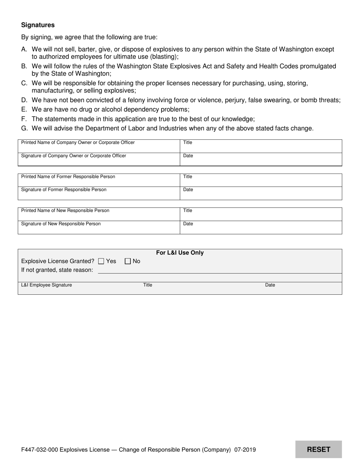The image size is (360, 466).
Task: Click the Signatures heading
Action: coord(38,25)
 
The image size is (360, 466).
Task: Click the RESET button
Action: coord(318,449)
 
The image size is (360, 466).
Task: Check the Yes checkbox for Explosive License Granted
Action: coord(101,261)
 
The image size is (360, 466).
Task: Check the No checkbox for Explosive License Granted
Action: coord(128,261)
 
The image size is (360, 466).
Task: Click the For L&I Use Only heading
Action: coord(180,253)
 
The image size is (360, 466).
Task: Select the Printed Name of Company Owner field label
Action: coord(78,142)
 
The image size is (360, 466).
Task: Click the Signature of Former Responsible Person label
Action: coord(64,189)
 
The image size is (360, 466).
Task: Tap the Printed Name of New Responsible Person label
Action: coord(65,210)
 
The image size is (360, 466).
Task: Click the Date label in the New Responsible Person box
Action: coord(188,224)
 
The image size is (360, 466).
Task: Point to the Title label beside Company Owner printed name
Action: coord(188,142)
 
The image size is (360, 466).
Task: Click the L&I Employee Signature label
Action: coord(47,285)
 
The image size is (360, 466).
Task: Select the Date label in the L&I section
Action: coord(270,285)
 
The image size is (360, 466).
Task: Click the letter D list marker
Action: coord(24,100)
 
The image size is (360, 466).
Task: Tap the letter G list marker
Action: coord(24,128)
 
